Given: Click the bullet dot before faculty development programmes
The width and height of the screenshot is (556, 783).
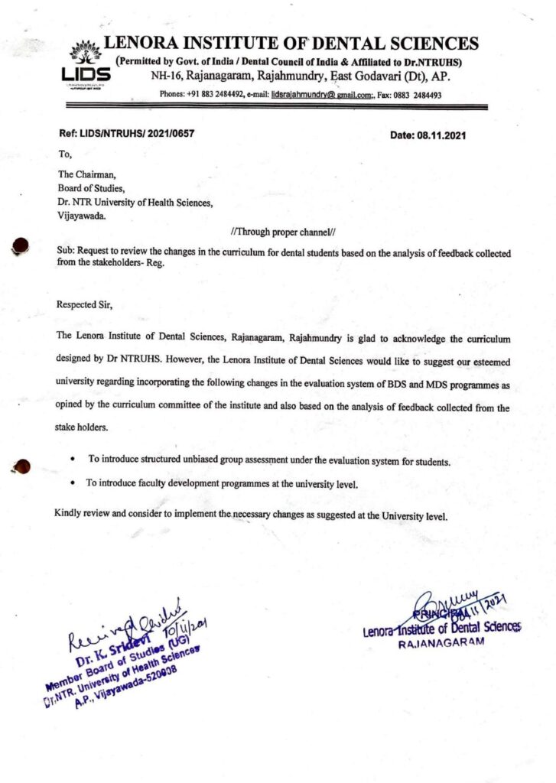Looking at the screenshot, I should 72,483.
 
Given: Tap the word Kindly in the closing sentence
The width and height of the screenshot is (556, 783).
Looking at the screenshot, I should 70,512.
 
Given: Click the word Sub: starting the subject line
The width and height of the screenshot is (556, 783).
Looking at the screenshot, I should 66,252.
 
